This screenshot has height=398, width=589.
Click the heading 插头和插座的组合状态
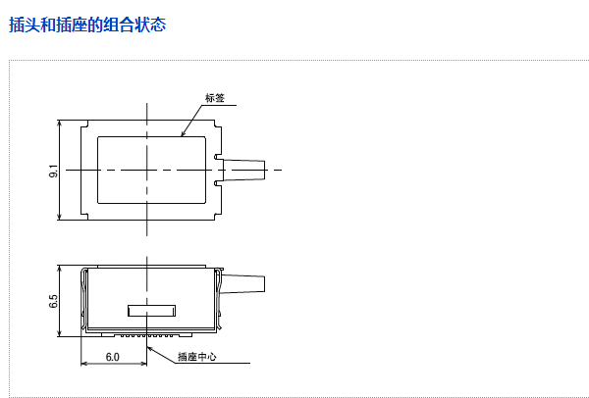click(87, 25)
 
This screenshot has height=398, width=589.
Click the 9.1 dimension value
click(52, 171)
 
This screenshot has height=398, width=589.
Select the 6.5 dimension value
click(52, 301)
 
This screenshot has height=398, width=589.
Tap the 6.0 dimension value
click(112, 357)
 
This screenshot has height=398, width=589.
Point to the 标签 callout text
click(215, 98)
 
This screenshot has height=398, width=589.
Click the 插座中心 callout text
click(196, 357)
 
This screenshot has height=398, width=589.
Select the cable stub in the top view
click(245, 171)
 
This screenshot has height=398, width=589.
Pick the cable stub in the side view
click(245, 284)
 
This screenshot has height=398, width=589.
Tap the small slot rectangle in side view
click(152, 312)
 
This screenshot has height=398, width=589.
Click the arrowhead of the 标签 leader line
click(182, 134)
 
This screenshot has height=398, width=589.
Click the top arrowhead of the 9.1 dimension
click(62, 124)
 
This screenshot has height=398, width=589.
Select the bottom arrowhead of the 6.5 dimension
click(62, 332)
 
